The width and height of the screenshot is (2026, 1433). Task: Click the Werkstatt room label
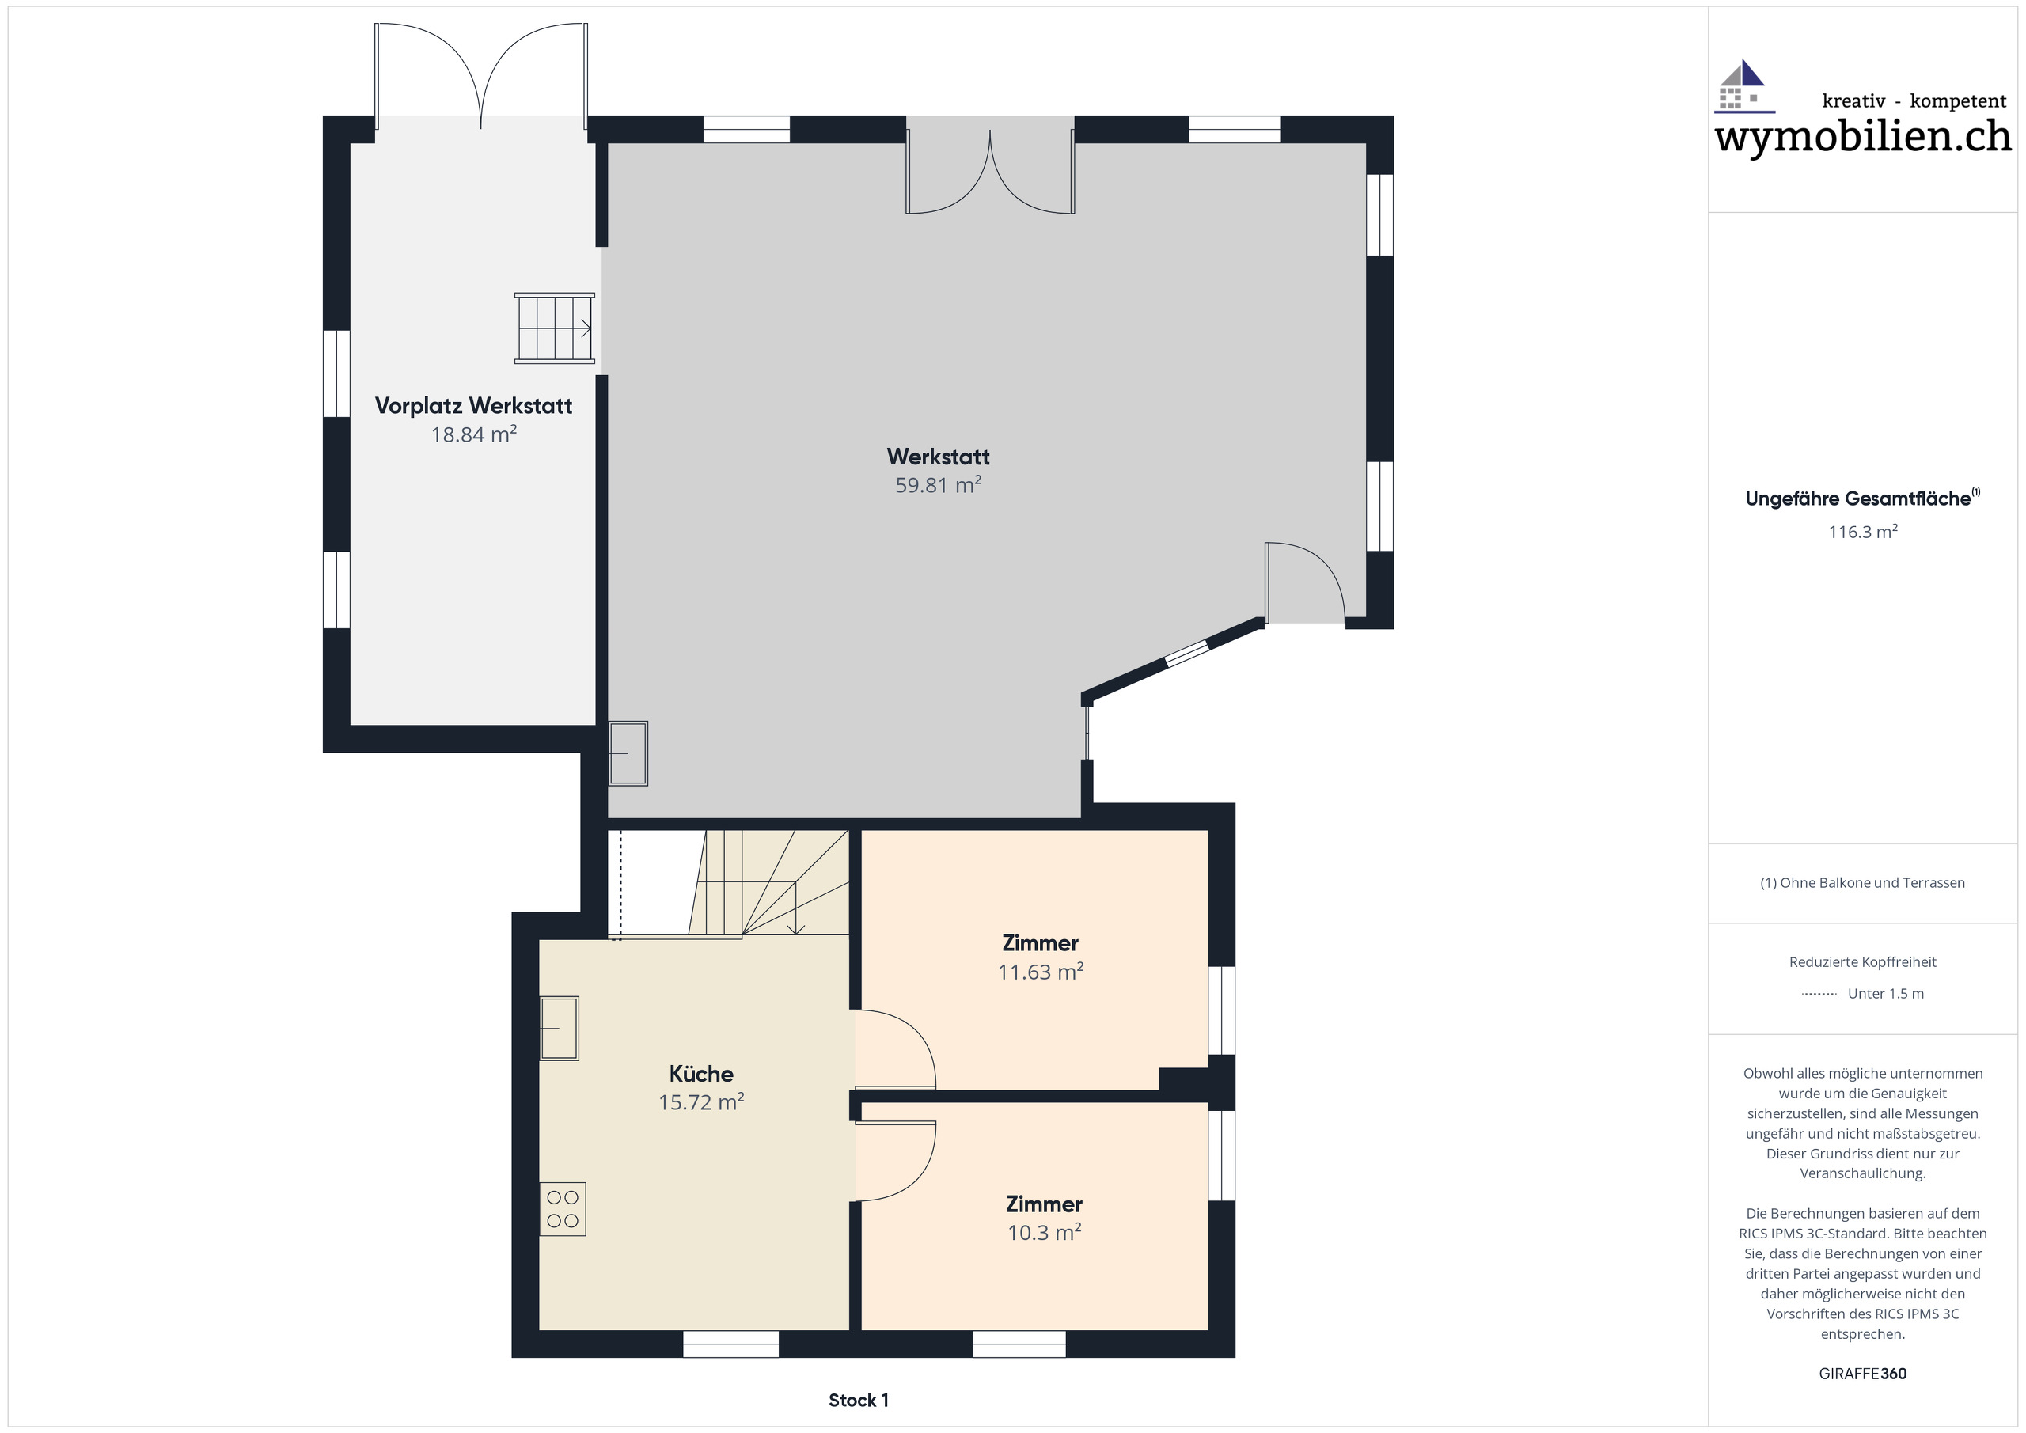(937, 457)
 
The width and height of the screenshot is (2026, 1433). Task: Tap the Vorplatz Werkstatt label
(473, 405)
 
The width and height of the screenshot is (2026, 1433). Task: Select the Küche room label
(700, 1073)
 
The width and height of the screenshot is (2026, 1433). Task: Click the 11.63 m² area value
(1041, 972)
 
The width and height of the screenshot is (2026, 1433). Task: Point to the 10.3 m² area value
(1044, 1232)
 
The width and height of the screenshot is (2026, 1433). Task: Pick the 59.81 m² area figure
(937, 485)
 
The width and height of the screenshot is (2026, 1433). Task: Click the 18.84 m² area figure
(473, 434)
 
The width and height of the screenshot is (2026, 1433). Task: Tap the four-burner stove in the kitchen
(562, 1209)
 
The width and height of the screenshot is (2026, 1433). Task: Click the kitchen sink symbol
(559, 1027)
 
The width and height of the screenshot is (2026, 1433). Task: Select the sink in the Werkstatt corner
(628, 753)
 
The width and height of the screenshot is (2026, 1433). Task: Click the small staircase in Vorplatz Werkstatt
(554, 328)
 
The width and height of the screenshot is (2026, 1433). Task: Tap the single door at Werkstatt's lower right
(1304, 582)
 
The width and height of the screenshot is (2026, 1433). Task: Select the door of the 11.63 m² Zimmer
(893, 1050)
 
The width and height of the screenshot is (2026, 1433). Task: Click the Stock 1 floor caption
(858, 1401)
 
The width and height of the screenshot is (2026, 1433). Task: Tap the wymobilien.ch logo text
(1863, 137)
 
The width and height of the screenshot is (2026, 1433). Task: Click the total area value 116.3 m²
(1862, 531)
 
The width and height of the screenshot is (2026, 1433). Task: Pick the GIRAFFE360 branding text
(1862, 1374)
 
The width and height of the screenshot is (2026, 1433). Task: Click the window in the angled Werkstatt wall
(1186, 653)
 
